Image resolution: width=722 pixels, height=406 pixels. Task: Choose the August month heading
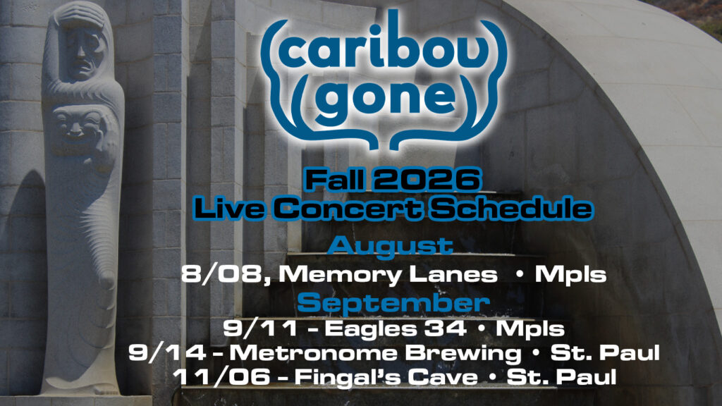pos(391,246)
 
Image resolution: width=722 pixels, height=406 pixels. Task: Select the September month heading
pos(393,303)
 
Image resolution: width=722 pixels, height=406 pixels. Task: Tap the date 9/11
pos(260,328)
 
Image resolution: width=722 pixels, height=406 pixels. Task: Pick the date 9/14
pos(166,353)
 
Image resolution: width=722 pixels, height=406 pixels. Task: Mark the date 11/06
pos(221,377)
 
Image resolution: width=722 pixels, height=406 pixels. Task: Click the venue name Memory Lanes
pos(388,275)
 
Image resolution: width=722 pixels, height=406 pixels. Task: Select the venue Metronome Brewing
pos(375,354)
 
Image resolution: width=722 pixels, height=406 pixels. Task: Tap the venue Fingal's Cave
pos(386,377)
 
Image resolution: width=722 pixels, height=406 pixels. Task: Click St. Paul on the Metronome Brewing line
pos(605,353)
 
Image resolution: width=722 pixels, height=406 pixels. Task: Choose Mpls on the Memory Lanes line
pos(570,275)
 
